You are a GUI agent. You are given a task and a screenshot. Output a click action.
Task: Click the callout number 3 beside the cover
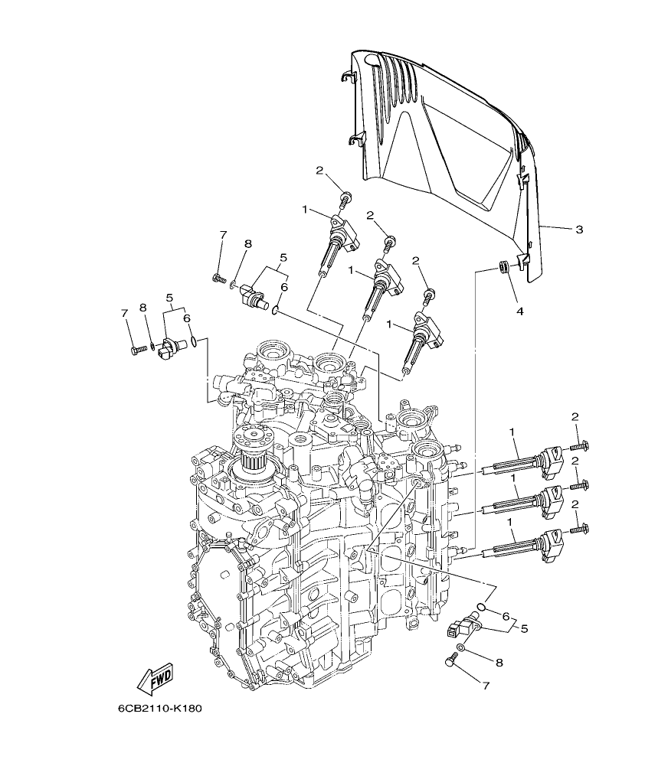pos(579,230)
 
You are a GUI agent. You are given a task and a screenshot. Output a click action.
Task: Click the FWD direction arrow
pos(155,677)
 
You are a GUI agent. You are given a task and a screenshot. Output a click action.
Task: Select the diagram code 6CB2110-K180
pos(159,709)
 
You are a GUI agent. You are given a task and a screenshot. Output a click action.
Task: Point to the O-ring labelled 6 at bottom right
pos(480,608)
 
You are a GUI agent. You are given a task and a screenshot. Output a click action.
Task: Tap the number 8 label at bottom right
pos(499,662)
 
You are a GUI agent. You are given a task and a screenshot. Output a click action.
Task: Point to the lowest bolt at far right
pos(580,528)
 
